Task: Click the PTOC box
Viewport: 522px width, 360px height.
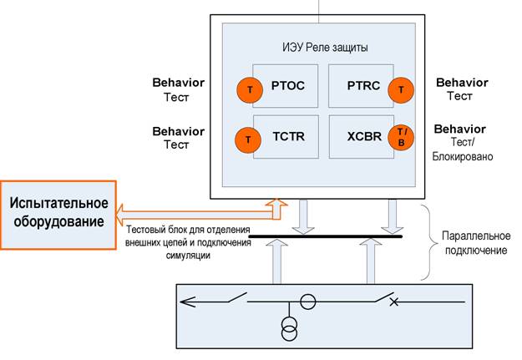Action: [284, 85]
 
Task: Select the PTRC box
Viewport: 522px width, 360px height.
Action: [359, 85]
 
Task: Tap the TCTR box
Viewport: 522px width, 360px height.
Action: [284, 138]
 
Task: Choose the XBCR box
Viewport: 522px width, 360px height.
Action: [359, 138]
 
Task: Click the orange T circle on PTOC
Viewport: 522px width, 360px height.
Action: [249, 88]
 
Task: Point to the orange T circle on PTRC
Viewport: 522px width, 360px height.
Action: [401, 88]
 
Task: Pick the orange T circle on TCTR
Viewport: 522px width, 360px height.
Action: [249, 139]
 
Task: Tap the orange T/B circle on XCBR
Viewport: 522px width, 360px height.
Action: [401, 139]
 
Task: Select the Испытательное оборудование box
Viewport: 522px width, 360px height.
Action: [58, 212]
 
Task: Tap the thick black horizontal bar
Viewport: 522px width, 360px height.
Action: [326, 236]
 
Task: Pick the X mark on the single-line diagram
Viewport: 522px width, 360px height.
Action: [394, 302]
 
